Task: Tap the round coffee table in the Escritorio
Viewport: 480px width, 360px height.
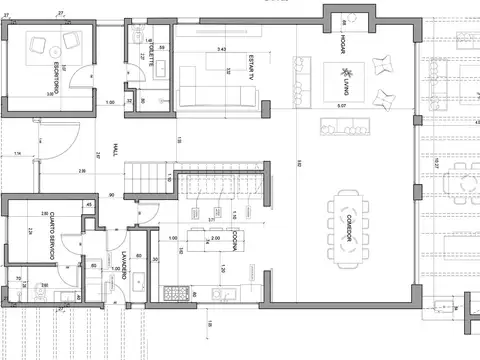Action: point(54,45)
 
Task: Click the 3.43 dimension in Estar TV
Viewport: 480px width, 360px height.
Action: point(221,49)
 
